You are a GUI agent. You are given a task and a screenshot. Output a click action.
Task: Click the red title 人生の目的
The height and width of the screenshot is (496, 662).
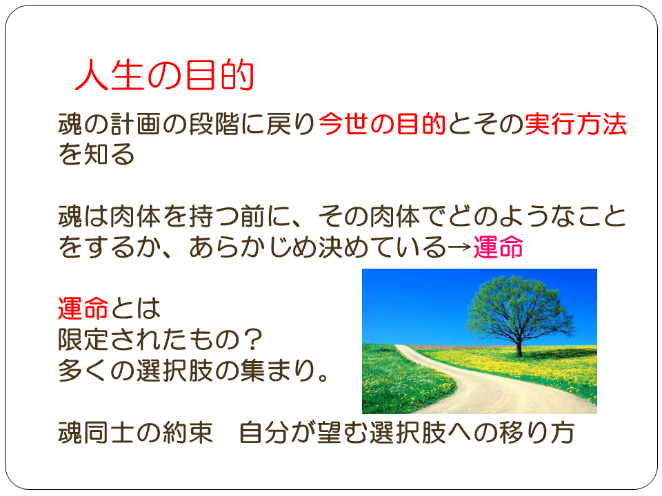164,75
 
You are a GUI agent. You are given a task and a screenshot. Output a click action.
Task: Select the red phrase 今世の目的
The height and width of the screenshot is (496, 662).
383,124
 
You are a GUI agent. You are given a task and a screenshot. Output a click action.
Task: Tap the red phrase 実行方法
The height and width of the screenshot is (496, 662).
576,124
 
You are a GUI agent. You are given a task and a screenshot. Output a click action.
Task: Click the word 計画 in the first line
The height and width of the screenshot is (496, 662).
136,124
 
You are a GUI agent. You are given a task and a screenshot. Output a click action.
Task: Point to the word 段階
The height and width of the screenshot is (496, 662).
214,124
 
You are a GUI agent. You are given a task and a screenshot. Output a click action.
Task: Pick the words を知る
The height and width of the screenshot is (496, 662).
97,154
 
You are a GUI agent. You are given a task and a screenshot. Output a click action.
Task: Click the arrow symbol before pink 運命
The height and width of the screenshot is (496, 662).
459,247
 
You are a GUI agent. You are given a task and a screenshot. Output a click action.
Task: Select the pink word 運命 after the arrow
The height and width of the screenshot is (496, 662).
498,247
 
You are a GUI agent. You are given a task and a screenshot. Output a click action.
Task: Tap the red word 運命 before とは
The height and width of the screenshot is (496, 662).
83,309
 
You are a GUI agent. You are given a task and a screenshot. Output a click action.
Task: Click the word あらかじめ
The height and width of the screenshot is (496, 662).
252,247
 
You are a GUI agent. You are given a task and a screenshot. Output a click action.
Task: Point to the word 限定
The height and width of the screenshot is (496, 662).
83,340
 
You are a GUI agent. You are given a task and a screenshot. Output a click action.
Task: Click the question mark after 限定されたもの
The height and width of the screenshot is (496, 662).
254,340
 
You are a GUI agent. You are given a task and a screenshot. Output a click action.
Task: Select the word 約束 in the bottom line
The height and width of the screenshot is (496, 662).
188,433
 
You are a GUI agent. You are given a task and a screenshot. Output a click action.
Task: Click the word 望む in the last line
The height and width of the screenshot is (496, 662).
343,433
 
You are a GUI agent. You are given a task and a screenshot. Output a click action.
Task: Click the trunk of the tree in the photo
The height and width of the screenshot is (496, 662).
519,345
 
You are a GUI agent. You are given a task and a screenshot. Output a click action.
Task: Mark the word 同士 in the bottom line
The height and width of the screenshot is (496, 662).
110,433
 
